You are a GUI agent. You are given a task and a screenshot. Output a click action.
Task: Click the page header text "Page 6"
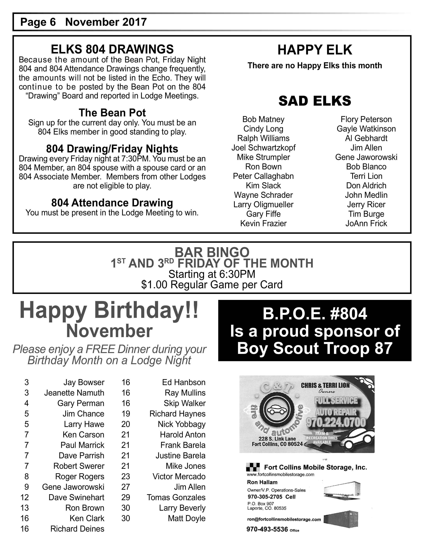click(x=38, y=22)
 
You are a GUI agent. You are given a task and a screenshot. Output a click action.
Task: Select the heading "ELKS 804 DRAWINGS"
click(x=112, y=49)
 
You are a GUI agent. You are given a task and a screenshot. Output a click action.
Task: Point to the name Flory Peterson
click(x=366, y=119)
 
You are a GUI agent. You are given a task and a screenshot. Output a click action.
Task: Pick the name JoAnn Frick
click(x=366, y=223)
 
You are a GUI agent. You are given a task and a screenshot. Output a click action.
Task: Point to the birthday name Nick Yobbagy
click(x=181, y=424)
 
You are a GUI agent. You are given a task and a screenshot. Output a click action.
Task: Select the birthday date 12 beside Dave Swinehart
click(x=25, y=497)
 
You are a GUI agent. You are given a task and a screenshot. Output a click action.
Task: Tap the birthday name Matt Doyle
click(x=186, y=518)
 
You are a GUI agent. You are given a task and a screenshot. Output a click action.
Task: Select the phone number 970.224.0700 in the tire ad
click(x=336, y=422)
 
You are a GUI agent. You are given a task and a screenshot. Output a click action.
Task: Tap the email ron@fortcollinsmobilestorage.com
click(x=284, y=519)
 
